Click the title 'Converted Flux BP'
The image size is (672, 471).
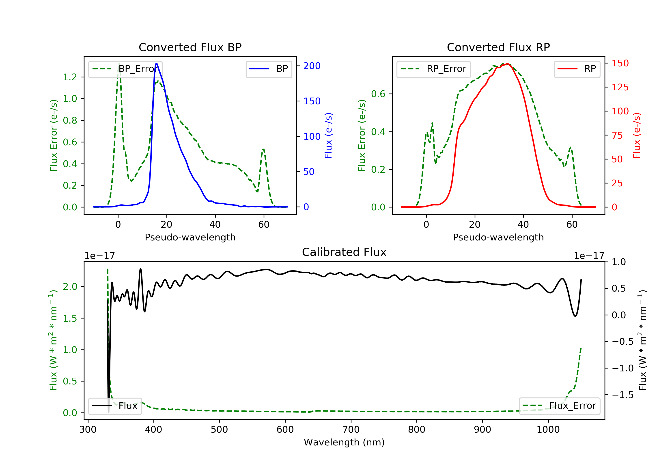190,47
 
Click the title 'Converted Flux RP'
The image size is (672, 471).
498,47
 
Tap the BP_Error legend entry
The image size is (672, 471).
125,69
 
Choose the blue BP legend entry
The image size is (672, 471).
269,69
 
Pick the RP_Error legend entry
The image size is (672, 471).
433,69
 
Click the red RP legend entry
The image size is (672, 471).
577,69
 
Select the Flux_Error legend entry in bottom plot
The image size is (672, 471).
559,406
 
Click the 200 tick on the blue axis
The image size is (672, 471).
312,66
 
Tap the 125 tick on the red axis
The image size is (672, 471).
620,87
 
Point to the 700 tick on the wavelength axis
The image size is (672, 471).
351,430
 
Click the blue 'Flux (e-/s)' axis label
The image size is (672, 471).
328,136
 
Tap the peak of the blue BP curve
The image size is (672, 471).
157,64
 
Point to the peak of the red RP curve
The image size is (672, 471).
507,64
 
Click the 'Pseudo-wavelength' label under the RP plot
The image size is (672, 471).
498,237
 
